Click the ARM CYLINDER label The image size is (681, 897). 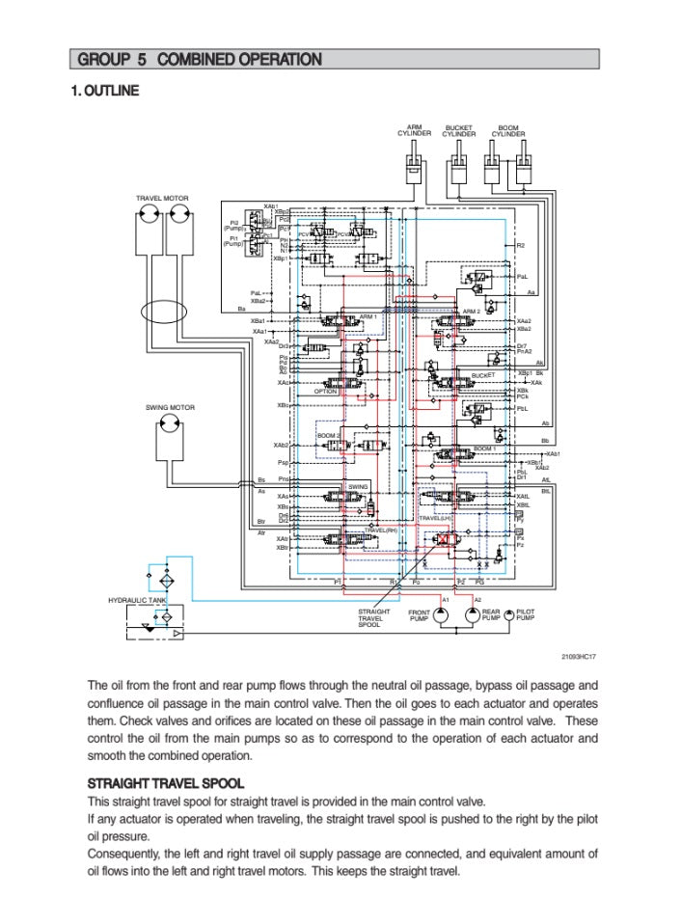pyautogui.click(x=414, y=130)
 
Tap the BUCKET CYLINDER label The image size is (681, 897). pyautogui.click(x=459, y=130)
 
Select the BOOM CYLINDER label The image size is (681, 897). pyautogui.click(x=507, y=130)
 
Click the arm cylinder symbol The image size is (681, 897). pyautogui.click(x=414, y=163)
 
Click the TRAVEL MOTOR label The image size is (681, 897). pyautogui.click(x=162, y=198)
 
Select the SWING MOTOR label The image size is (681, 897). pyautogui.click(x=170, y=407)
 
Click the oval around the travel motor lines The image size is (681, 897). pyautogui.click(x=163, y=313)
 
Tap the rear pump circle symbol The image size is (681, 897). pyautogui.click(x=472, y=615)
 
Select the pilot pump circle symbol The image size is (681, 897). pyautogui.click(x=508, y=614)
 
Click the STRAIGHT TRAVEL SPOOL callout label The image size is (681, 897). pyautogui.click(x=374, y=618)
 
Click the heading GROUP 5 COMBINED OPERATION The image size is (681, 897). pyautogui.click(x=200, y=60)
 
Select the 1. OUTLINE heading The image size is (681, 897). pyautogui.click(x=104, y=91)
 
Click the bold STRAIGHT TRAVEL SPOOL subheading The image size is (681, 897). pyautogui.click(x=165, y=782)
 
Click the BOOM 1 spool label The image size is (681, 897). pyautogui.click(x=484, y=448)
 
